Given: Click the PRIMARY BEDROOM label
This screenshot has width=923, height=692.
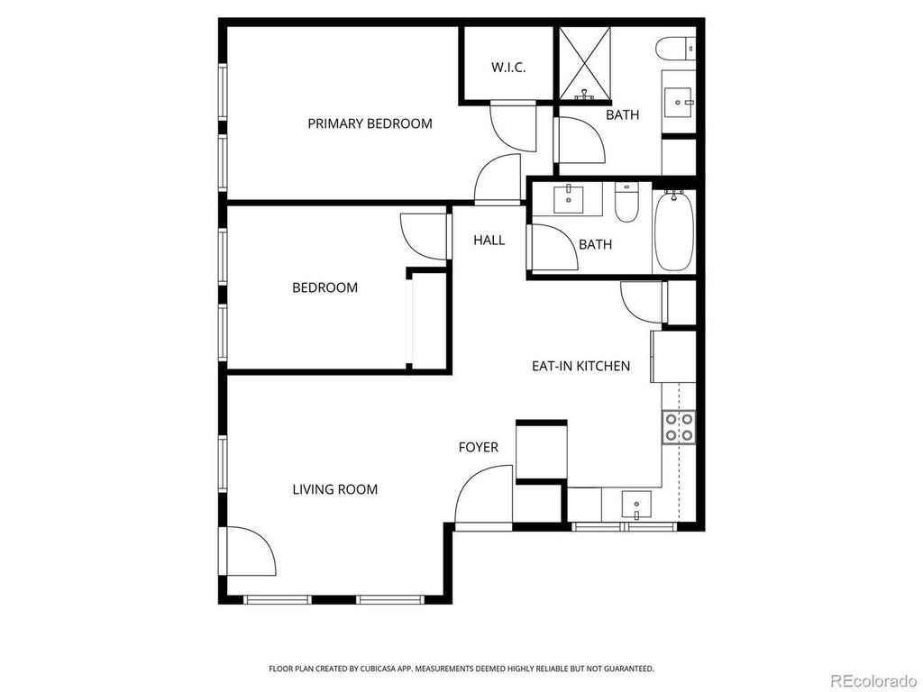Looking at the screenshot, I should [370, 123].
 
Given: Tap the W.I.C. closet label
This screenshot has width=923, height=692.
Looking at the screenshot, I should [508, 68].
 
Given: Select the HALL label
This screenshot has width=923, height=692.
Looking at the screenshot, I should [489, 240].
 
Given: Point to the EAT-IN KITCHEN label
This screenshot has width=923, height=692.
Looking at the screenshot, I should [580, 366].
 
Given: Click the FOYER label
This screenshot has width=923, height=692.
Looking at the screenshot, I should [478, 447].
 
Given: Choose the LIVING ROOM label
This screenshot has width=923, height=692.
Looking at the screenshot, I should [334, 489].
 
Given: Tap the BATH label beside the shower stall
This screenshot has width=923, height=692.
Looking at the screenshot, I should [622, 115].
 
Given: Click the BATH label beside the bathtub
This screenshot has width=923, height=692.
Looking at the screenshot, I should [595, 244].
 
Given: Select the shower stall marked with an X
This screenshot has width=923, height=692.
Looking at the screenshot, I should [585, 62].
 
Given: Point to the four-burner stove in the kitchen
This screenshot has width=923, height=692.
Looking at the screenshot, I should [678, 427].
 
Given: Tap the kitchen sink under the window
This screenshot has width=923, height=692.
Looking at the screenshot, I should [637, 505].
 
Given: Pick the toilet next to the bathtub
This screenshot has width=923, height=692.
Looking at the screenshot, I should [626, 203].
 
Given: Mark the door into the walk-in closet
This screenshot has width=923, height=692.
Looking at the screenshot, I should [512, 126].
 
